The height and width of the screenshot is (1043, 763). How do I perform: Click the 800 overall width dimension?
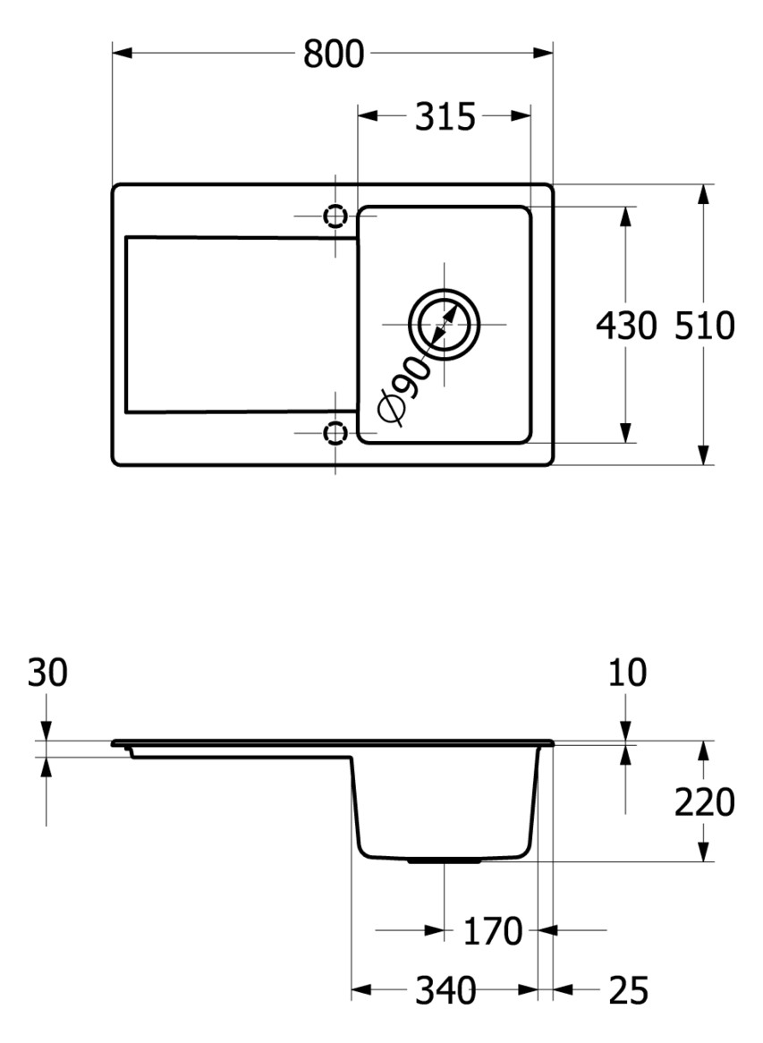tap(334, 54)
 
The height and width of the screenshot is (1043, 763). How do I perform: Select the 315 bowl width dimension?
tap(445, 116)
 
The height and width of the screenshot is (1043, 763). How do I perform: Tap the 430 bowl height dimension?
tap(625, 326)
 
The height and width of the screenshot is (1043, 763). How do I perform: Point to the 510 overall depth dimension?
tap(704, 326)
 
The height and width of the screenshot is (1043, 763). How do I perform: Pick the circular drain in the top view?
tap(444, 324)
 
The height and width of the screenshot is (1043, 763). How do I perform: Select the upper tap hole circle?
tap(335, 216)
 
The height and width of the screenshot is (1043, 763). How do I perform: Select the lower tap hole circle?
tap(335, 434)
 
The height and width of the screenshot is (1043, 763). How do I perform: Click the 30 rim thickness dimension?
tap(47, 673)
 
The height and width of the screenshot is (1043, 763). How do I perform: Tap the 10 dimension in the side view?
tap(625, 673)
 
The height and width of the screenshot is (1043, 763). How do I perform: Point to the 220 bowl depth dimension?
tap(704, 802)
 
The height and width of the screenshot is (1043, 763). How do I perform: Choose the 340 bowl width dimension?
tap(445, 990)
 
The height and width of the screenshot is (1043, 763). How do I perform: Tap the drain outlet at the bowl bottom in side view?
tap(444, 861)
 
